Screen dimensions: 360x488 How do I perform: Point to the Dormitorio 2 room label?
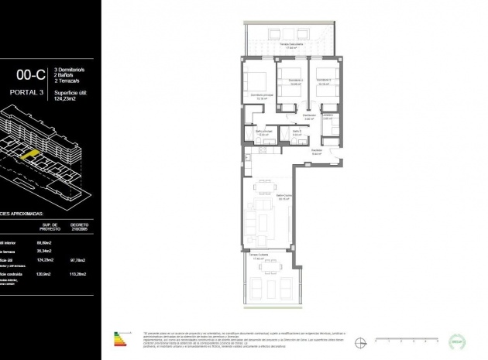click(289, 81)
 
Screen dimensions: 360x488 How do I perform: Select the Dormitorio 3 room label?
click(324, 81)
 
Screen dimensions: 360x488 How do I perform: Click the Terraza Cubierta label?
click(257, 255)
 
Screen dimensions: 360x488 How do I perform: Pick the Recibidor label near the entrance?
click(316, 151)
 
